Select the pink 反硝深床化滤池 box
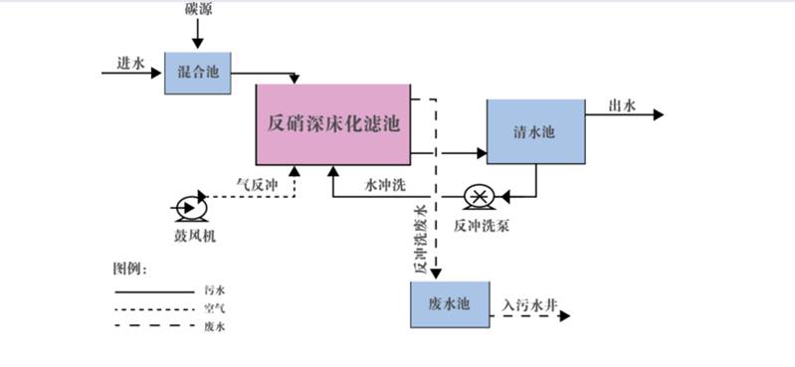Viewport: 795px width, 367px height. click(x=334, y=125)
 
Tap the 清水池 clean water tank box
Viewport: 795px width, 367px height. click(x=535, y=131)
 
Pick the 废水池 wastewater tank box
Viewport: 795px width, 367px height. click(x=451, y=303)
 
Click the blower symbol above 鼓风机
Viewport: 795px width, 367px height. click(x=188, y=208)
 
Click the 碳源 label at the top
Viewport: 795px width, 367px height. click(x=197, y=9)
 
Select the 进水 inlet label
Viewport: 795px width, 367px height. click(x=130, y=63)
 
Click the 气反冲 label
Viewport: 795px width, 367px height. click(x=254, y=184)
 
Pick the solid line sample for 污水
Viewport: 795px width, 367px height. click(x=153, y=291)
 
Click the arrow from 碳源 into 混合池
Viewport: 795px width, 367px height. click(x=197, y=35)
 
